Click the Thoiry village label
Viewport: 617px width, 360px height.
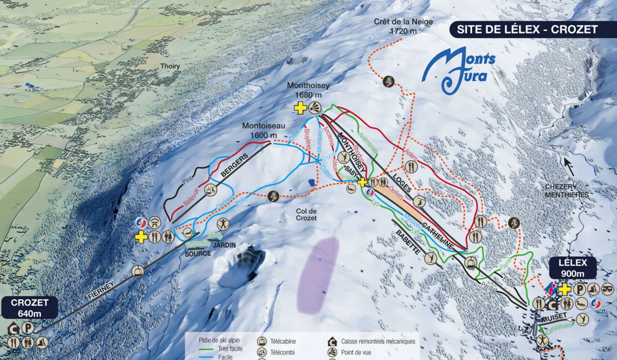[x=170, y=66]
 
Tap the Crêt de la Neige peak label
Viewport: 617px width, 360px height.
[x=403, y=26]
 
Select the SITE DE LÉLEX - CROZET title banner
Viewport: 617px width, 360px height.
[x=527, y=30]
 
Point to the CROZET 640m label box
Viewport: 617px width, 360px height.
[x=30, y=308]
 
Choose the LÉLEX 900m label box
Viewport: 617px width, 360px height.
[x=572, y=268]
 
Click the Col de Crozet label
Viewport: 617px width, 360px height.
[x=306, y=214]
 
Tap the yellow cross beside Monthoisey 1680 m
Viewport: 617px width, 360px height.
[x=300, y=108]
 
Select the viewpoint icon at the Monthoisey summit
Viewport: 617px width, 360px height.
[x=315, y=108]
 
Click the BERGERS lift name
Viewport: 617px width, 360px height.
[x=234, y=165]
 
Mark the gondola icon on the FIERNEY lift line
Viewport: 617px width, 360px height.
[x=138, y=271]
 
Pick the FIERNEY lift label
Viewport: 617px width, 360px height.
[x=101, y=290]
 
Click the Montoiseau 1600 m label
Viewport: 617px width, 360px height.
[x=264, y=130]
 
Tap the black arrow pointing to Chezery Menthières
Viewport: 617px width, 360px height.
[x=568, y=167]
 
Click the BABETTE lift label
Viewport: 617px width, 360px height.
[x=408, y=242]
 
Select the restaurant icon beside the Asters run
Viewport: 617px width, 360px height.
[x=411, y=167]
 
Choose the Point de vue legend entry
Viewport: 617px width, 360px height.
[x=356, y=352]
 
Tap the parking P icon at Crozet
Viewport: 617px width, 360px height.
[x=28, y=328]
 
